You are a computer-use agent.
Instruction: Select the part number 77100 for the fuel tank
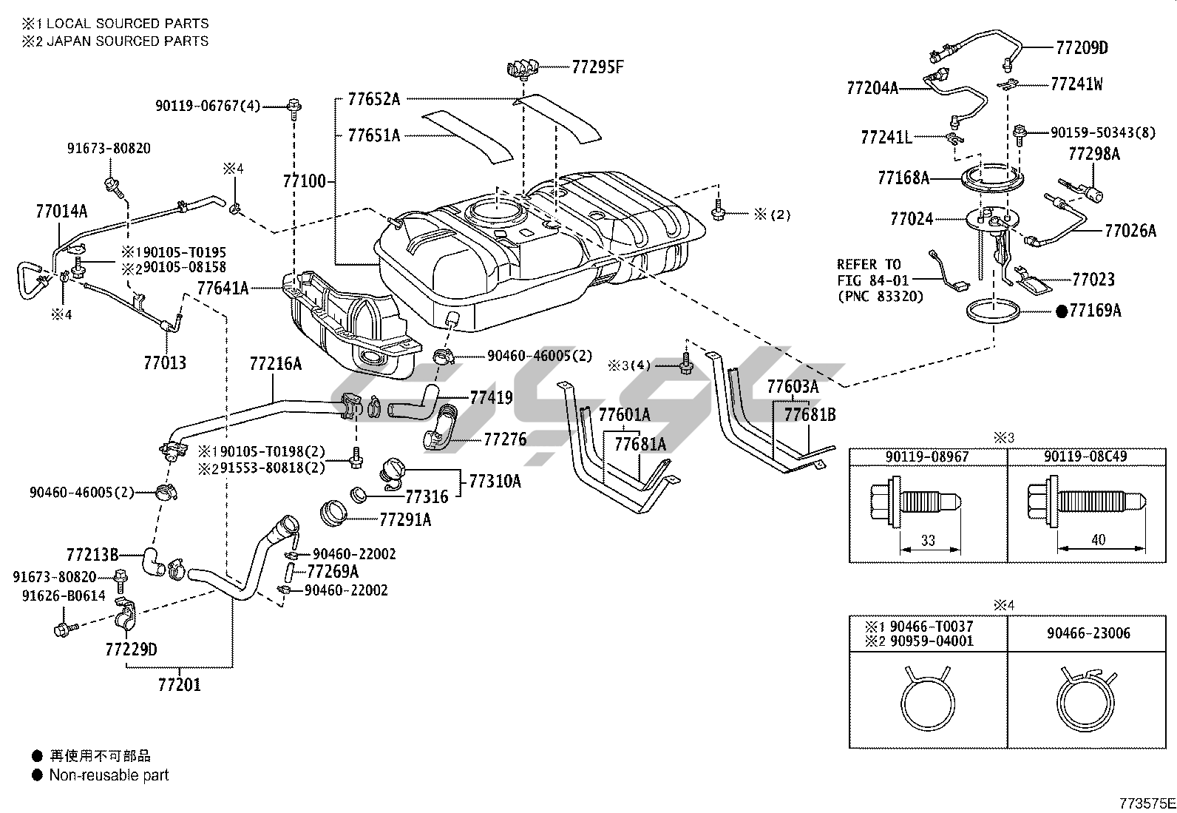click(303, 181)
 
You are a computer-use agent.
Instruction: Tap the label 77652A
click(373, 98)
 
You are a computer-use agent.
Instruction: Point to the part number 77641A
click(223, 288)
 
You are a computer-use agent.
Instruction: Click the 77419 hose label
click(491, 398)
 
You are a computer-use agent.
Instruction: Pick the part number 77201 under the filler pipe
click(179, 684)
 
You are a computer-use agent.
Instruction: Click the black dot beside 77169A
click(1062, 311)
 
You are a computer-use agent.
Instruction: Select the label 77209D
click(1082, 48)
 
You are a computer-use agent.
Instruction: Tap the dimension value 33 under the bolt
click(928, 541)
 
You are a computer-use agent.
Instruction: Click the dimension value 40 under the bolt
click(1098, 540)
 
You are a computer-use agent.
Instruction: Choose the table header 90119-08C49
click(1085, 457)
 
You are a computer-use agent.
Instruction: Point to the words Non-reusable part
click(109, 775)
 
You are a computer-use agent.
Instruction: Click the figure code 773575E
click(1146, 803)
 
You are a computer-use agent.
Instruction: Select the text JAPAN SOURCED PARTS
click(127, 41)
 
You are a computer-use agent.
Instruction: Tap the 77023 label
click(1093, 280)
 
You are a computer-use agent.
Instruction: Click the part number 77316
click(427, 497)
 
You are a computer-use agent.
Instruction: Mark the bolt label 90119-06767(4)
click(208, 107)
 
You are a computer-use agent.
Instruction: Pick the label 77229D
click(131, 650)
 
